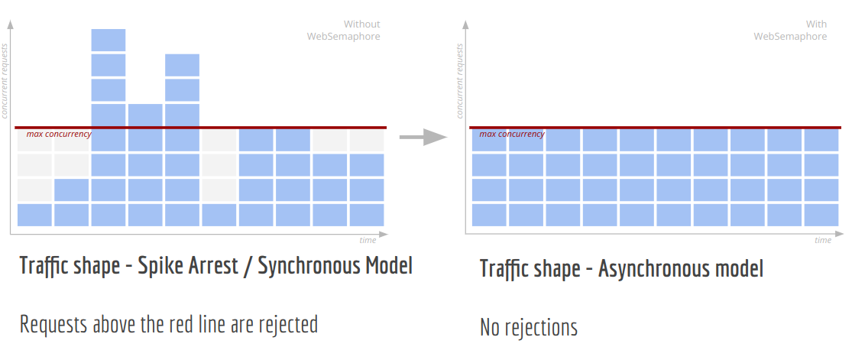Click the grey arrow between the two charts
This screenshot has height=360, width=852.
point(423,138)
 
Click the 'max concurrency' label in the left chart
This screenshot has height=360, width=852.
point(59,135)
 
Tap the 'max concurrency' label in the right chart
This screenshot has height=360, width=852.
point(512,135)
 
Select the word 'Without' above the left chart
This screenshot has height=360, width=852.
point(361,24)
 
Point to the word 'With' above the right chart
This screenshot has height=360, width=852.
point(816,24)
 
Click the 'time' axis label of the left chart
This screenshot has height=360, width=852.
point(368,240)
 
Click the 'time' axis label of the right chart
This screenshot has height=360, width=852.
point(822,240)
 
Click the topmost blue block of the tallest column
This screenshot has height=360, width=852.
point(109,40)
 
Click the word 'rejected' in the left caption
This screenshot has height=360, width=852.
point(286,324)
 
